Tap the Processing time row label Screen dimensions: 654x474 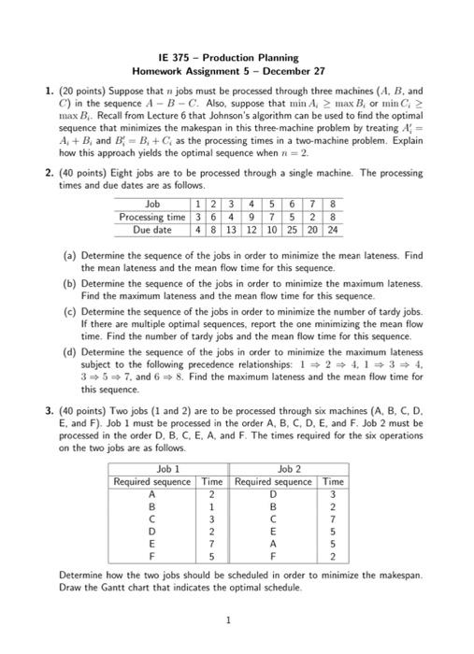coord(153,217)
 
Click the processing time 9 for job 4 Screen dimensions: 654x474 coord(254,217)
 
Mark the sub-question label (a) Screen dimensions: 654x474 coord(68,252)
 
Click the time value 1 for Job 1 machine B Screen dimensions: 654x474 coord(212,506)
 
